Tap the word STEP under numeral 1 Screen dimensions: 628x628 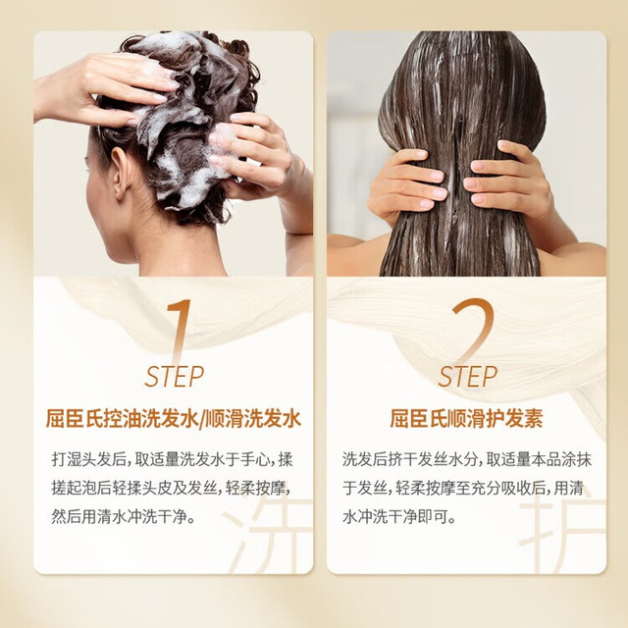(x=175, y=377)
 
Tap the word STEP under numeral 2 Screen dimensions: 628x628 (x=467, y=377)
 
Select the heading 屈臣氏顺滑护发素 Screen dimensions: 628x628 (x=467, y=419)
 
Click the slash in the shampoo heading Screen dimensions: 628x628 (x=201, y=419)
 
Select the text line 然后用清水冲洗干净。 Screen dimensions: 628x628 (x=124, y=517)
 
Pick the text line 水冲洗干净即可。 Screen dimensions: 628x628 (x=399, y=517)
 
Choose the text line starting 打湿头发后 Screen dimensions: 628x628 (x=173, y=459)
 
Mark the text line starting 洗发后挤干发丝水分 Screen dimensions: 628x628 (x=467, y=459)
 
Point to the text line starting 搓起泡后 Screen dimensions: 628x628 (x=171, y=489)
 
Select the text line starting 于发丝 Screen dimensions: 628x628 (x=463, y=489)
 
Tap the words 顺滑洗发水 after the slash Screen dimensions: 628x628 (x=253, y=419)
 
